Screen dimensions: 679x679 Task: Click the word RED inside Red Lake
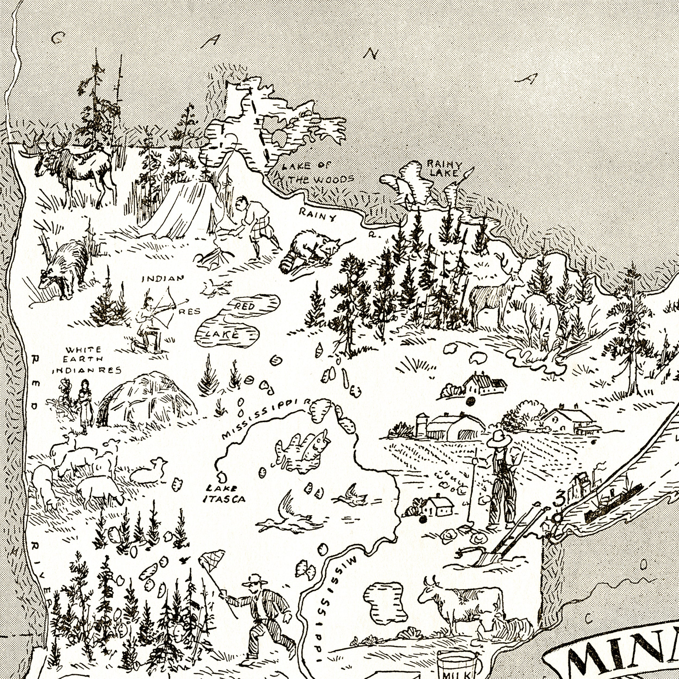click(x=245, y=306)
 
